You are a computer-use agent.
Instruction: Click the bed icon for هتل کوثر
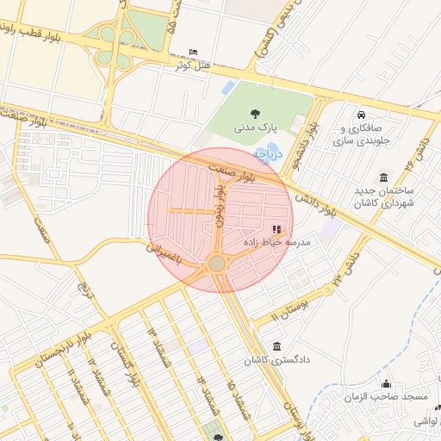pyautogui.click(x=193, y=53)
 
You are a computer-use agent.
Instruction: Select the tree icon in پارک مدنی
pyautogui.click(x=255, y=113)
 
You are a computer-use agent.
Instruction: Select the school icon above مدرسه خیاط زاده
pyautogui.click(x=276, y=229)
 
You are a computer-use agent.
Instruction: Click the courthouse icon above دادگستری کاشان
pyautogui.click(x=276, y=345)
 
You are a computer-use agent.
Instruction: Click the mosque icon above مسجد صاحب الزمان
pyautogui.click(x=385, y=383)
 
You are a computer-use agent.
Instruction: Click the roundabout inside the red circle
pyautogui.click(x=217, y=263)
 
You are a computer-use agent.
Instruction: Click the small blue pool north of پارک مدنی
pyautogui.click(x=227, y=87)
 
